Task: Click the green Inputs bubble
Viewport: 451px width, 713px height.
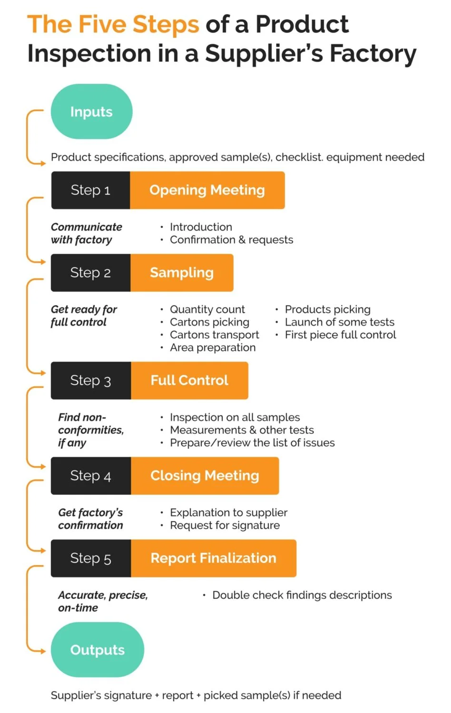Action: pos(91,112)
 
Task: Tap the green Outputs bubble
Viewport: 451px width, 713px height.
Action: pos(97,650)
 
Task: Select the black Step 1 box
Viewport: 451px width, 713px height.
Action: pos(90,190)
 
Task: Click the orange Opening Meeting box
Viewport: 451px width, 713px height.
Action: pos(207,190)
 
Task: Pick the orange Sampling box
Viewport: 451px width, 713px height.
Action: pos(182,273)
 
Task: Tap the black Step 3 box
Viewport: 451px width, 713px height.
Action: pos(90,381)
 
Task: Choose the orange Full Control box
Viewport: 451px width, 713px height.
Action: pos(189,381)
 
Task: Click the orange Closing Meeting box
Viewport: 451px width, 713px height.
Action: pos(205,476)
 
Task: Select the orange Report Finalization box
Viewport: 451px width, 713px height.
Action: pos(213,559)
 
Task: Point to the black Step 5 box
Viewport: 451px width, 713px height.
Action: pos(90,559)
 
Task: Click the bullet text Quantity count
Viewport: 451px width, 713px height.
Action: pos(207,309)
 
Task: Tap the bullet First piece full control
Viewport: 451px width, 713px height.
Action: pos(340,335)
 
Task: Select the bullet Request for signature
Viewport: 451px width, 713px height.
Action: pos(225,526)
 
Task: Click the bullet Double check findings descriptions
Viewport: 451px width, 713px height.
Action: pos(302,596)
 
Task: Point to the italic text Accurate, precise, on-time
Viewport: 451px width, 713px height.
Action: pos(102,601)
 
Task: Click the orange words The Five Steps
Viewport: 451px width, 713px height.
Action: pos(113,24)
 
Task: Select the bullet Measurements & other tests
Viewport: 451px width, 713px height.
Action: pos(242,430)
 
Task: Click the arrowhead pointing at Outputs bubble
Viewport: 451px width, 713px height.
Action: pos(43,650)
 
